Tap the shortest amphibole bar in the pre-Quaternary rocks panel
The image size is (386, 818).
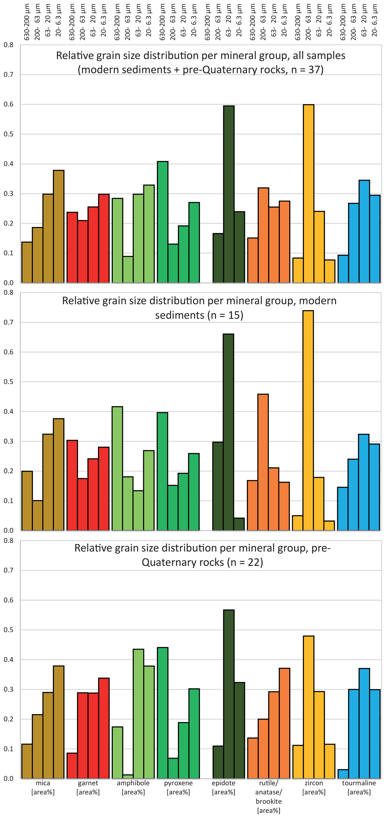[128, 776]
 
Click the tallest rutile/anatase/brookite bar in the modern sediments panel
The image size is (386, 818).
[263, 462]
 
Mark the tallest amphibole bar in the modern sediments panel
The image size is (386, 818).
[117, 468]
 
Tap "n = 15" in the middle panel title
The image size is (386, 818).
[225, 315]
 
